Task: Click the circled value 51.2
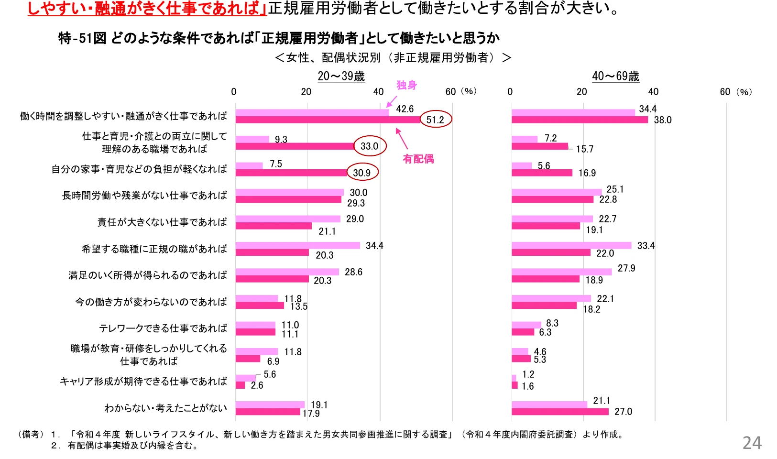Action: coord(435,120)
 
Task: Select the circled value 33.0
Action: coord(369,146)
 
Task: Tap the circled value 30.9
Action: coord(362,173)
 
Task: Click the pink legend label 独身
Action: coord(406,86)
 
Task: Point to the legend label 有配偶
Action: coord(418,159)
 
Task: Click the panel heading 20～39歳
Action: coord(341,76)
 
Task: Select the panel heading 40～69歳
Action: coord(615,76)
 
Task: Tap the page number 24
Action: coord(751,443)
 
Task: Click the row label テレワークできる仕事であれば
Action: coord(163,328)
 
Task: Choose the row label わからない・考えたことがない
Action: coord(165,408)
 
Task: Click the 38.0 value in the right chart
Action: coord(663,120)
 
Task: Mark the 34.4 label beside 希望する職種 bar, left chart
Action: coord(374,246)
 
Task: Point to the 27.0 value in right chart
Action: coord(623,412)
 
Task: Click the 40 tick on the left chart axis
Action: coord(378,92)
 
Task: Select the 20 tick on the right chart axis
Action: coord(581,92)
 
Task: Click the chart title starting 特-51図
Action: coord(279,38)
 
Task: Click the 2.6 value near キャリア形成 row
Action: coord(257,385)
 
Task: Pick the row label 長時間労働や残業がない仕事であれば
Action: coord(144,196)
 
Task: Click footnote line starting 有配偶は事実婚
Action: coord(132,446)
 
